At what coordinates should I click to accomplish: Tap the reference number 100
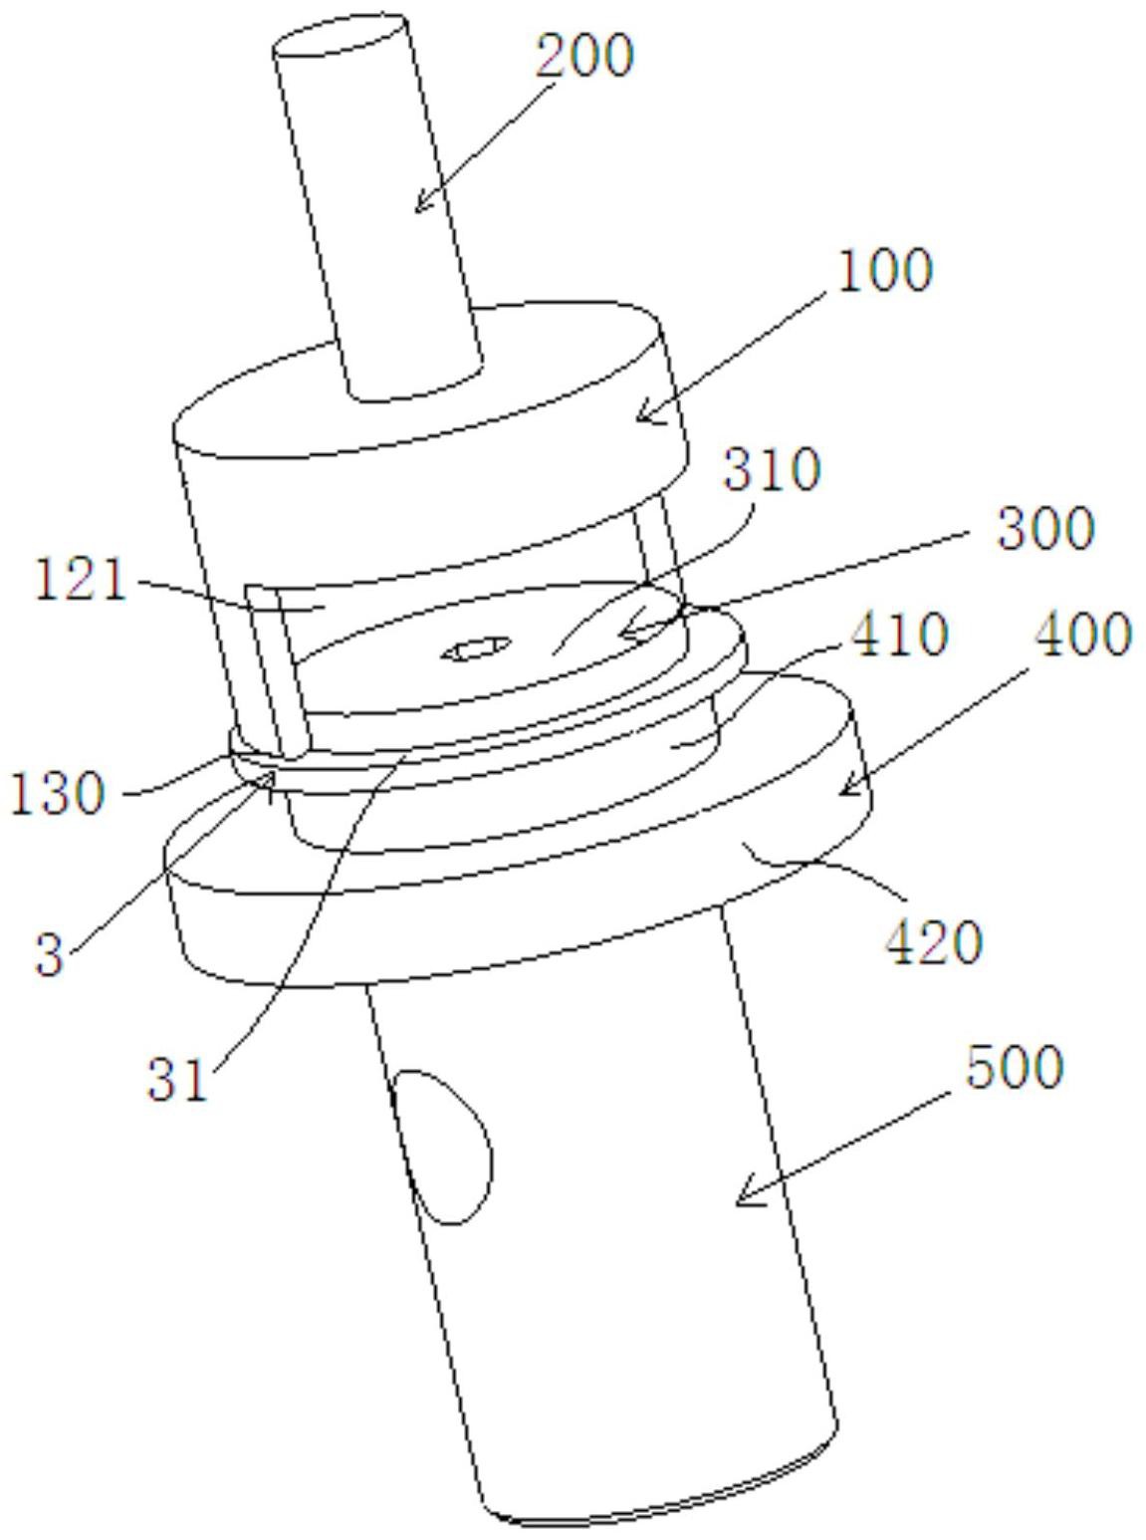pyautogui.click(x=883, y=271)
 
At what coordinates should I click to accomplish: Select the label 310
pyautogui.click(x=772, y=470)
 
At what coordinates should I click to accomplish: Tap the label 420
pyautogui.click(x=933, y=943)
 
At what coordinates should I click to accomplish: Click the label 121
pyautogui.click(x=82, y=581)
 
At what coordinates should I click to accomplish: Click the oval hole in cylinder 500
pyautogui.click(x=441, y=1147)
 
